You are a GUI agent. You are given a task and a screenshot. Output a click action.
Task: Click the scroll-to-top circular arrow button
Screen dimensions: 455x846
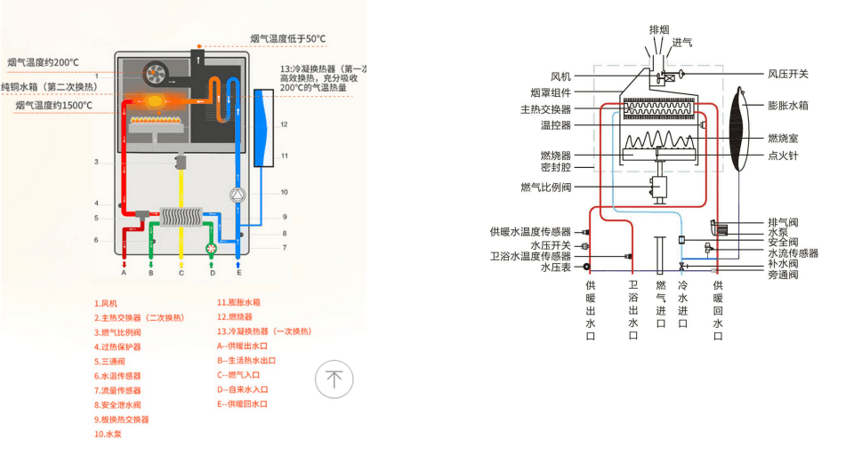click(x=334, y=379)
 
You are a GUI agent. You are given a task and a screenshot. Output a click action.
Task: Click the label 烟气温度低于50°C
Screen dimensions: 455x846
click(x=288, y=39)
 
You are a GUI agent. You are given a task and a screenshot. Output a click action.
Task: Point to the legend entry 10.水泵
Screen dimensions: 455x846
click(x=108, y=434)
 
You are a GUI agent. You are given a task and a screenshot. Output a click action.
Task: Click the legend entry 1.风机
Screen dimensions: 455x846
click(x=106, y=303)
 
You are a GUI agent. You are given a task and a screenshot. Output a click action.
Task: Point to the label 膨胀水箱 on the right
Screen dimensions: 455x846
click(x=787, y=105)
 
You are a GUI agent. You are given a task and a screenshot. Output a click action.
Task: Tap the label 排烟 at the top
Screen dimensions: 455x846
click(x=660, y=29)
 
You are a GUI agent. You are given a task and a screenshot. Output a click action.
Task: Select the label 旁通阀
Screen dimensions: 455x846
click(x=783, y=275)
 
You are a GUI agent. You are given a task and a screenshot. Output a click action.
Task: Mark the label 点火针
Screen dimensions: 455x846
click(x=783, y=156)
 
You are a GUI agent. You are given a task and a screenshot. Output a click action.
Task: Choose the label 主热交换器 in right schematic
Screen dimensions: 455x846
click(x=546, y=109)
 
